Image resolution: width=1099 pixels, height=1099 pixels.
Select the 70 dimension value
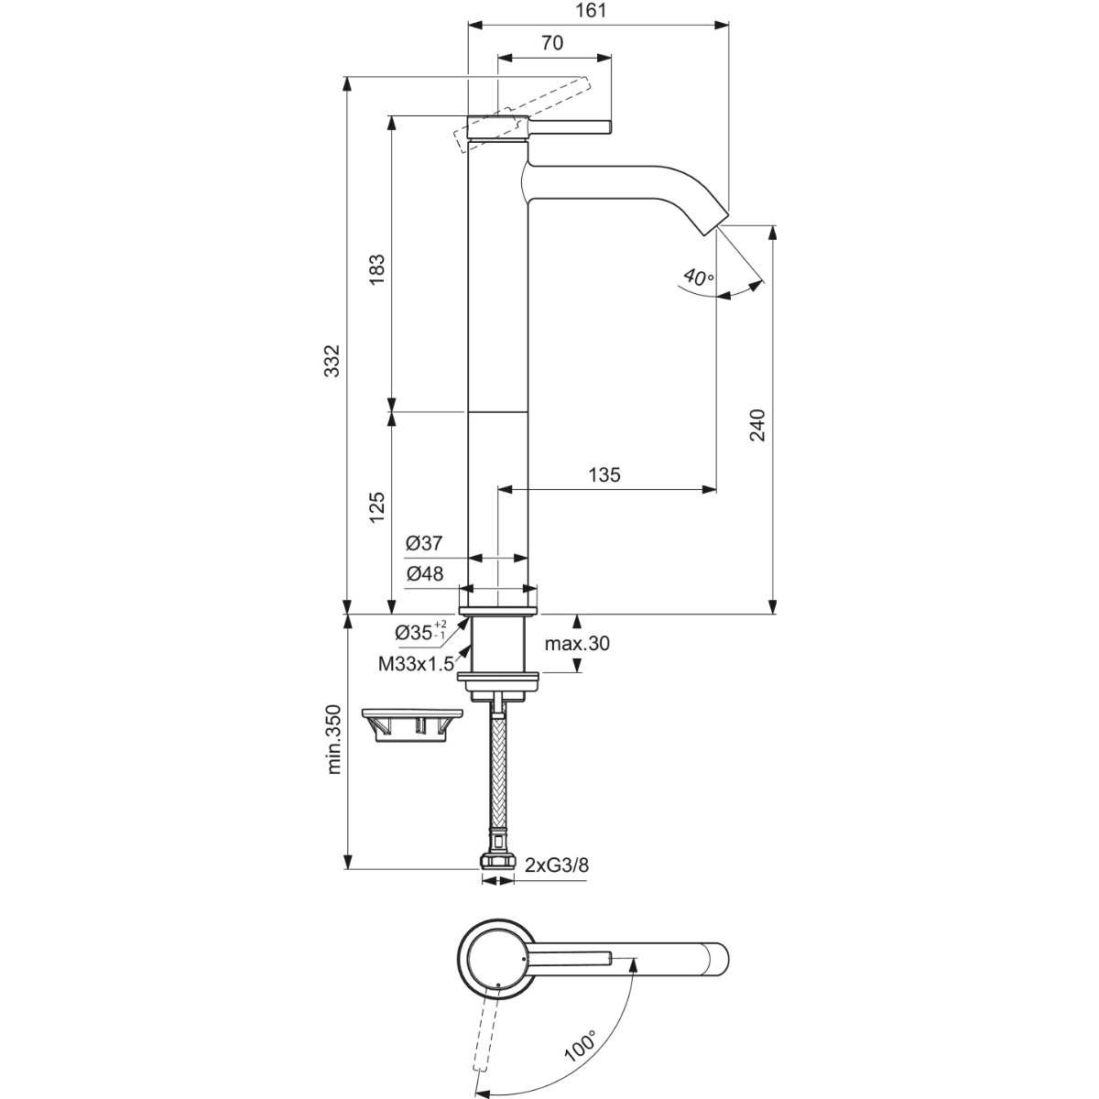point(552,43)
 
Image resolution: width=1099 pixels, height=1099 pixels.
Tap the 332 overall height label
point(332,360)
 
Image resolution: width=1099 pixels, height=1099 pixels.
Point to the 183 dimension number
point(377,270)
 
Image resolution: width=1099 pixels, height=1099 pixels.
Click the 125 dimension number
point(377,507)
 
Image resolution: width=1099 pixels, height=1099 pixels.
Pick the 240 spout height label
point(757,425)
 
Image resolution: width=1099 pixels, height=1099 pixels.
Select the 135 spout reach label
point(604,474)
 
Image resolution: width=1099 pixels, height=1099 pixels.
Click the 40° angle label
point(698,277)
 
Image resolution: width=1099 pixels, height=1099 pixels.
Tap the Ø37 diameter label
point(424,543)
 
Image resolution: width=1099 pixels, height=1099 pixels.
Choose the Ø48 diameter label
point(425,573)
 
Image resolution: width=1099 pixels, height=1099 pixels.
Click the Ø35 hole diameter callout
point(421,632)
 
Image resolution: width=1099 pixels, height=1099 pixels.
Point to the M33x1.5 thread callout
point(416,663)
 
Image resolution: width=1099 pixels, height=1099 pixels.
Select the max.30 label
point(577,644)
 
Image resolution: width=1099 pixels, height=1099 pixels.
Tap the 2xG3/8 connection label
point(557,865)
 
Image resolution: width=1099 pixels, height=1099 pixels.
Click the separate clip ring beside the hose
point(412,724)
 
